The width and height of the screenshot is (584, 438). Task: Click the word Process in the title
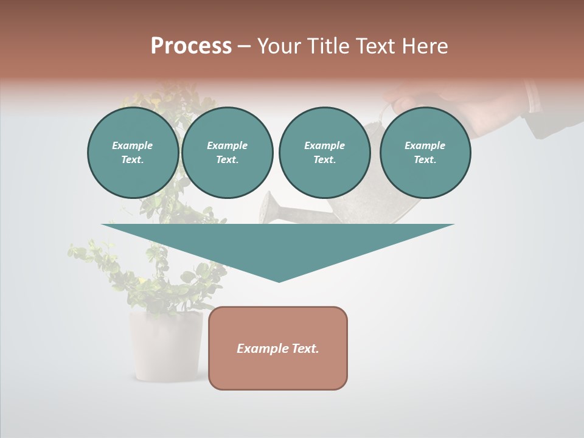pos(191,46)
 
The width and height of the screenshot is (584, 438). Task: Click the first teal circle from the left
pos(133,152)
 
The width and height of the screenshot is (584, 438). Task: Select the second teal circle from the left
pos(227,152)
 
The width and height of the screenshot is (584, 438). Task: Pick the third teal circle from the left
pos(324,152)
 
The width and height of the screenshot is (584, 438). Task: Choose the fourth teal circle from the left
pos(425,152)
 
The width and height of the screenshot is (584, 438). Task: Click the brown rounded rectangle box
pos(278,371)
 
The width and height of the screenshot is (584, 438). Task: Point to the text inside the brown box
pos(278,349)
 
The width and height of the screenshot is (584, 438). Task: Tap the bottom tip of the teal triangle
pos(279,280)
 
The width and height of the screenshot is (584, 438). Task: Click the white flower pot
pos(165,347)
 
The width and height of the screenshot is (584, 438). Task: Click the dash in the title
pos(244,46)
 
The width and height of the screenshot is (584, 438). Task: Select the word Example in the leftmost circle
pos(133,145)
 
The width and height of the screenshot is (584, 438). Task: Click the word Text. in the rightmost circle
pos(425,159)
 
